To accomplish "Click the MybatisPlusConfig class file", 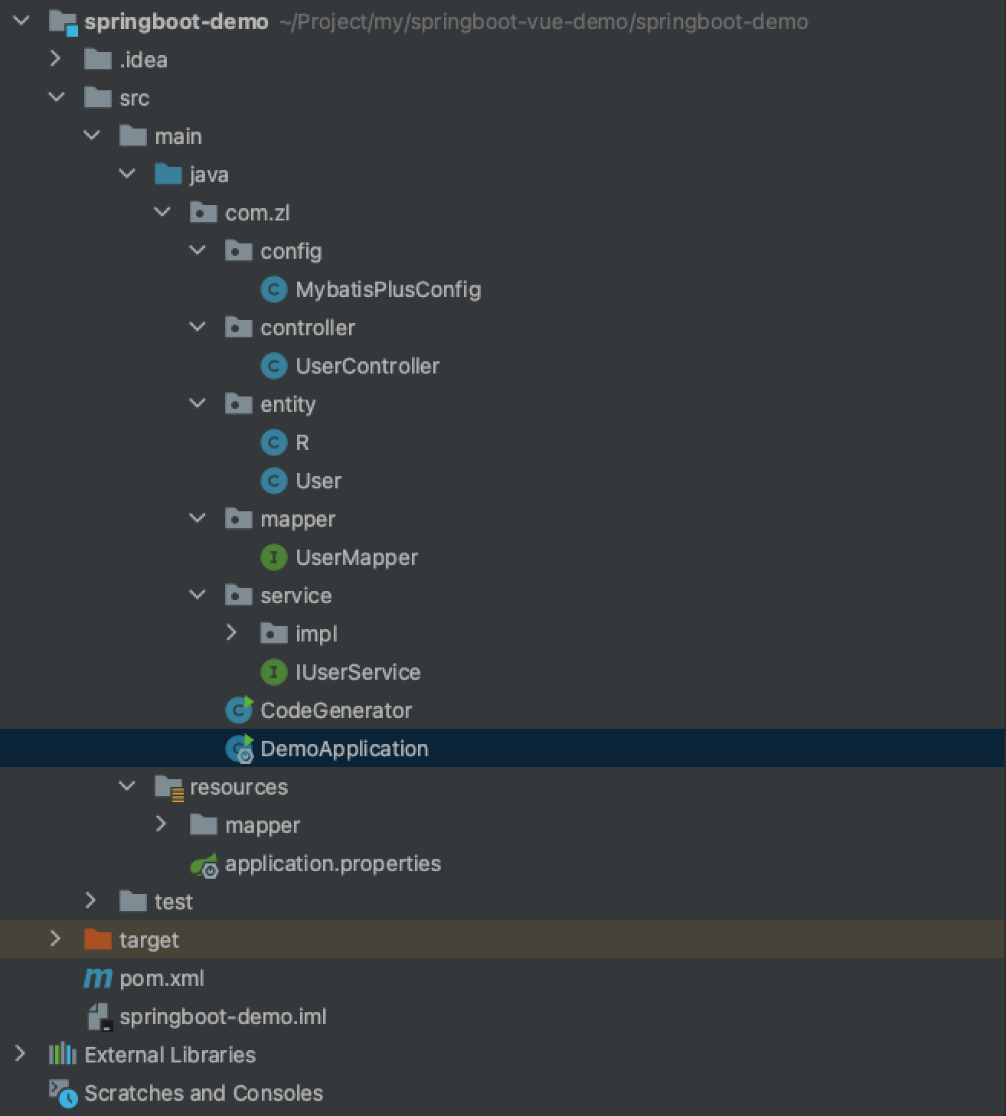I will click(x=387, y=289).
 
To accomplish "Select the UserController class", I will click(x=367, y=366).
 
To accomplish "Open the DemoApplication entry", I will click(x=344, y=749).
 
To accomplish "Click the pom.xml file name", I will click(x=162, y=978).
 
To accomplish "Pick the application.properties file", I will click(x=332, y=863).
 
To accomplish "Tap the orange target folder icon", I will click(x=97, y=939).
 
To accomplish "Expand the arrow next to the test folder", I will click(x=91, y=901).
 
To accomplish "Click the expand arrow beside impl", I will click(x=232, y=633).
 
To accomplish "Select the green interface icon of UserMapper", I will click(x=273, y=557).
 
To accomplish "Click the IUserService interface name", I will click(x=358, y=672).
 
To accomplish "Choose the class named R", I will click(x=302, y=442).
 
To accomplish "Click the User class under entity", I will click(x=318, y=481).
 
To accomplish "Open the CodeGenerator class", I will click(x=335, y=710).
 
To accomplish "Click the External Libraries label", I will click(x=169, y=1055).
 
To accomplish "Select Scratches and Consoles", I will click(x=203, y=1093).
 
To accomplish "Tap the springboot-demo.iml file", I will click(x=222, y=1016).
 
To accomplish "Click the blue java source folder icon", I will click(x=168, y=175).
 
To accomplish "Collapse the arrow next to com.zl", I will click(x=162, y=212).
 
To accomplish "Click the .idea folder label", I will click(x=143, y=60).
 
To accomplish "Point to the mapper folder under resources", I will click(x=262, y=825).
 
